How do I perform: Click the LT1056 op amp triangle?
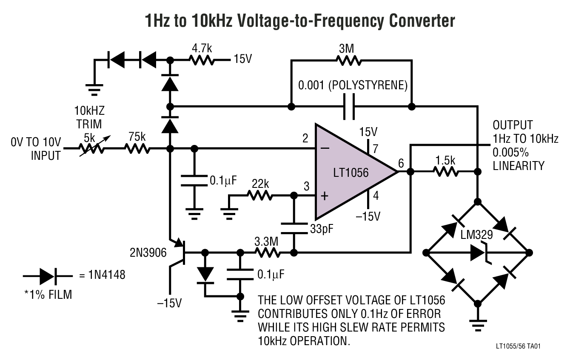[349, 172]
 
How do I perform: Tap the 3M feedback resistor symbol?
[350, 61]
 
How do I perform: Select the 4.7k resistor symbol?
[202, 60]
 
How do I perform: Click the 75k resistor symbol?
[137, 149]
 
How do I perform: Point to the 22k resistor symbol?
[259, 196]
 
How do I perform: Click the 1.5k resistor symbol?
[445, 172]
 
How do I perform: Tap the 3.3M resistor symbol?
[267, 252]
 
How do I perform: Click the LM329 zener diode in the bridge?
[479, 252]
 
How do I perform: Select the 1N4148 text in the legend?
[102, 276]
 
